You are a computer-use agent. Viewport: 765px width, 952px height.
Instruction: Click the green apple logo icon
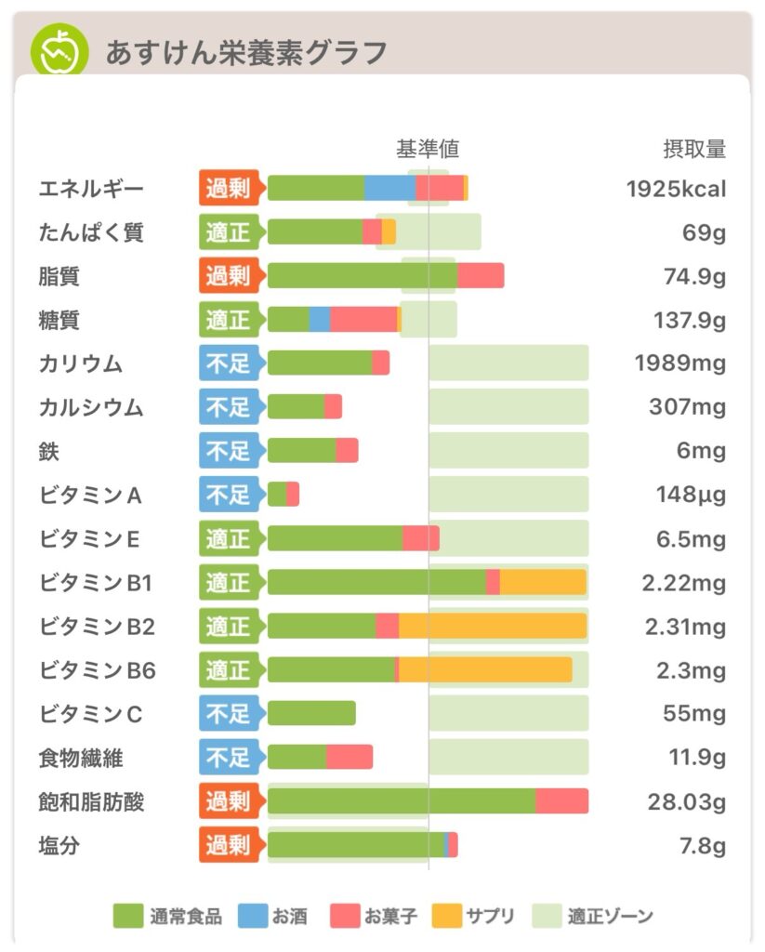59,50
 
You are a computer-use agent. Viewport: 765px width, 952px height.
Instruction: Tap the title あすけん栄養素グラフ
245,53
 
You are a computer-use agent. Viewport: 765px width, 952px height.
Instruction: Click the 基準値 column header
428,149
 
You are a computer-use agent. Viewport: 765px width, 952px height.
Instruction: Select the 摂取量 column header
693,149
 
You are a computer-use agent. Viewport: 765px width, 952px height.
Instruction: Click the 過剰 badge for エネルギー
228,189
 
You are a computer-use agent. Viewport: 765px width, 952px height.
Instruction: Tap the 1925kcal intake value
676,189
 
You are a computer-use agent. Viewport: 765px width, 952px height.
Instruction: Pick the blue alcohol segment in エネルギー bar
389,188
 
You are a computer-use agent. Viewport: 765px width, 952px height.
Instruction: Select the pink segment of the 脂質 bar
481,276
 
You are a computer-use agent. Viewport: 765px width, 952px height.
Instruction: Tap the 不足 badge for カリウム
228,364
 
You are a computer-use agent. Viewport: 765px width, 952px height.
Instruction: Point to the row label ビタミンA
90,495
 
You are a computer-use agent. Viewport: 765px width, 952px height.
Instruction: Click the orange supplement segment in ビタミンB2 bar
493,627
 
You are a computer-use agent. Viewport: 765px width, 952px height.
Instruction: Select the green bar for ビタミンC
311,713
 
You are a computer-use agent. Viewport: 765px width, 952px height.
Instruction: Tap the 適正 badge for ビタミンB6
228,670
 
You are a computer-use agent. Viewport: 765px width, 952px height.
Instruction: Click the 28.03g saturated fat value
686,801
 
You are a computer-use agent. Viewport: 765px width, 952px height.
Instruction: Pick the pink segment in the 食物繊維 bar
350,757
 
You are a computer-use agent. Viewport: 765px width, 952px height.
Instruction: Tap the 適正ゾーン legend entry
594,917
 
